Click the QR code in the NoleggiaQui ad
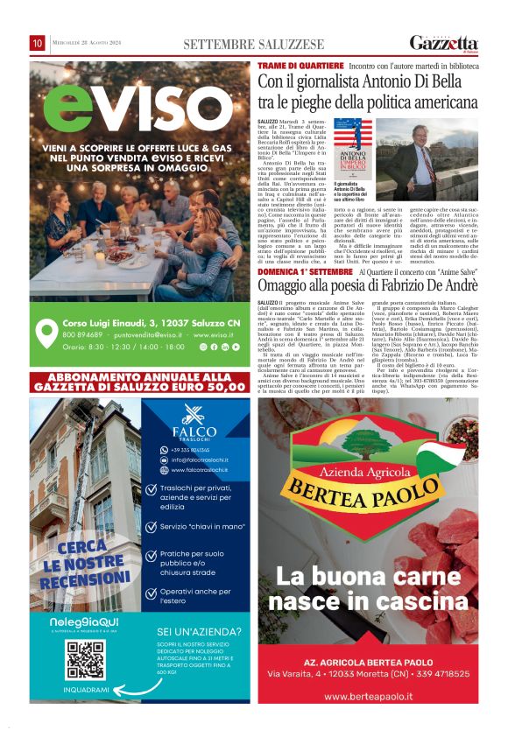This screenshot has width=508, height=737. point(86,660)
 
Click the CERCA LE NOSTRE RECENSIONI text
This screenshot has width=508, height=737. point(84,564)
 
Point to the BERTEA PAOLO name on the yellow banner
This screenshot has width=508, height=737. point(367,486)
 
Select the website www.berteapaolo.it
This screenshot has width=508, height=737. point(368,695)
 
